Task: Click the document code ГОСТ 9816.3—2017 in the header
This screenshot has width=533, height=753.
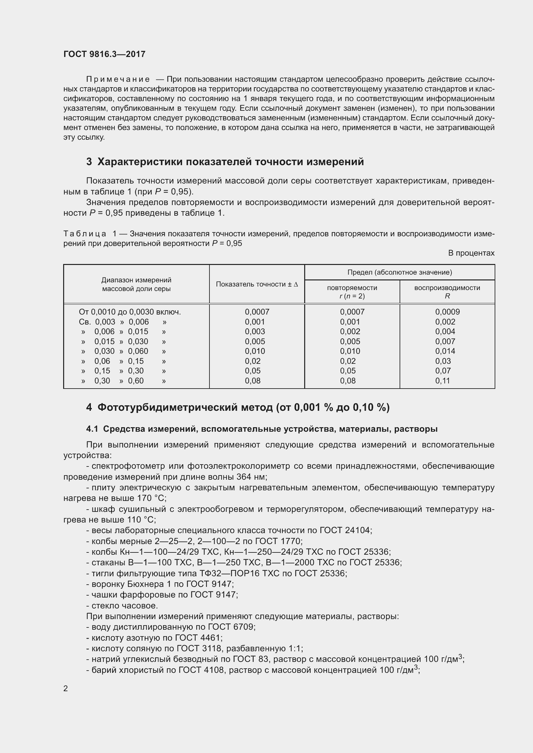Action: [104, 54]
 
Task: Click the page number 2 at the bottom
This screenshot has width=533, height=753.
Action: [66, 688]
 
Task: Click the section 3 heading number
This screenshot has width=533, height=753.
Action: [89, 162]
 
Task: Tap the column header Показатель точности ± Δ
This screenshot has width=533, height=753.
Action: [257, 284]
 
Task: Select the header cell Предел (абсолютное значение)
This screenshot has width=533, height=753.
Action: [399, 272]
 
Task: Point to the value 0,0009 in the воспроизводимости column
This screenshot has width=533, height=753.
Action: [447, 312]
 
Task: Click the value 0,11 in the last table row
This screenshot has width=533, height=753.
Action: [442, 381]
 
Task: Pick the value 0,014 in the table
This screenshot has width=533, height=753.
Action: [445, 351]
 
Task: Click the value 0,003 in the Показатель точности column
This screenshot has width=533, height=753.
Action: [255, 332]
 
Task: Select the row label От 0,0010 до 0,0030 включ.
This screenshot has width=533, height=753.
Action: [130, 312]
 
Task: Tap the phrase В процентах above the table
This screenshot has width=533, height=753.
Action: [471, 253]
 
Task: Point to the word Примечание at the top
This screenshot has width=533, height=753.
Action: [118, 80]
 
